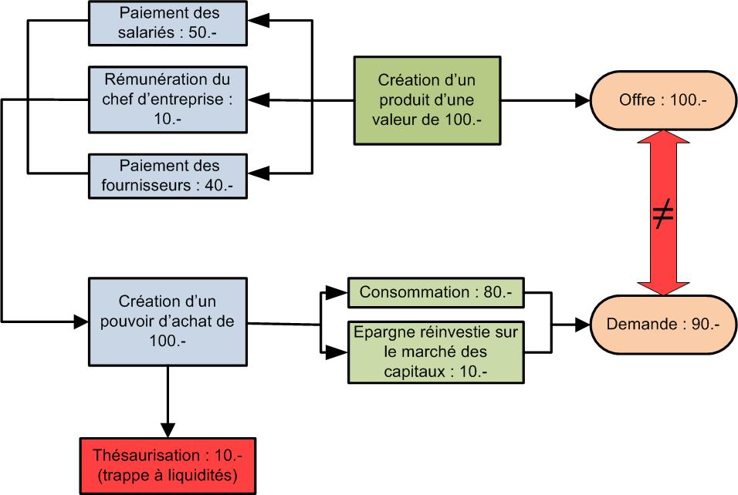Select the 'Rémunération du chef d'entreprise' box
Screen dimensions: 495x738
[x=169, y=99]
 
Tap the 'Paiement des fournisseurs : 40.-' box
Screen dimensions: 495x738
[x=169, y=175]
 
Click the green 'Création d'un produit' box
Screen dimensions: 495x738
[x=426, y=100]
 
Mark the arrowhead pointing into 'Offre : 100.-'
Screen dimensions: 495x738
[x=581, y=100]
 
